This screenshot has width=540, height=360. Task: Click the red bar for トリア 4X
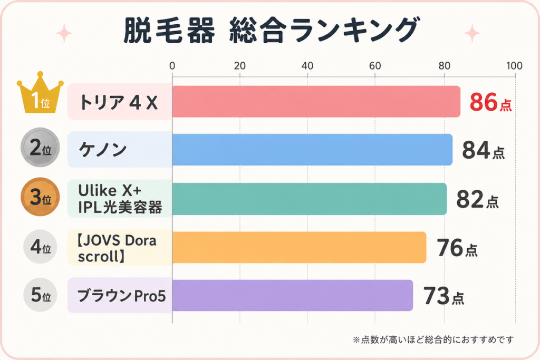pyautogui.click(x=316, y=102)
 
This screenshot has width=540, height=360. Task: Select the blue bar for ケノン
pyautogui.click(x=312, y=150)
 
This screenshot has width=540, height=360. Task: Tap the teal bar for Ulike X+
pyautogui.click(x=309, y=199)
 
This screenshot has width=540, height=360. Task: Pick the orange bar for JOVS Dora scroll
pyautogui.click(x=299, y=247)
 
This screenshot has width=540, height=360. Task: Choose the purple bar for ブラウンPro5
pyautogui.click(x=292, y=295)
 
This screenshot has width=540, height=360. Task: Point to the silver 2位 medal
pyautogui.click(x=40, y=147)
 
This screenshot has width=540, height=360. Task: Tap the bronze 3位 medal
pyautogui.click(x=40, y=197)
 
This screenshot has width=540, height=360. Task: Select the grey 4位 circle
pyautogui.click(x=40, y=247)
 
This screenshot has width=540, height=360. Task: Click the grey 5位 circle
pyautogui.click(x=40, y=295)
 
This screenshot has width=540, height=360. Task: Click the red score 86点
pyautogui.click(x=491, y=102)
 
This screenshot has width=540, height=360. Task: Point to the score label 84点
pyautogui.click(x=484, y=150)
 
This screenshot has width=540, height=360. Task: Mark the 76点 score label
pyautogui.click(x=457, y=248)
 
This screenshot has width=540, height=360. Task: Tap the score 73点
pyautogui.click(x=444, y=296)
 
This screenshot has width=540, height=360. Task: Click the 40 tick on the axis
pyautogui.click(x=307, y=66)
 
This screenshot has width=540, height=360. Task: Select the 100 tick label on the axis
pyautogui.click(x=514, y=66)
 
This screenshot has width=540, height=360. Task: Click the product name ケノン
pyautogui.click(x=103, y=150)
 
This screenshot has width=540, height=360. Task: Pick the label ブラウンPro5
pyautogui.click(x=122, y=296)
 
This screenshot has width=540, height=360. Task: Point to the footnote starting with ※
pyautogui.click(x=433, y=339)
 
